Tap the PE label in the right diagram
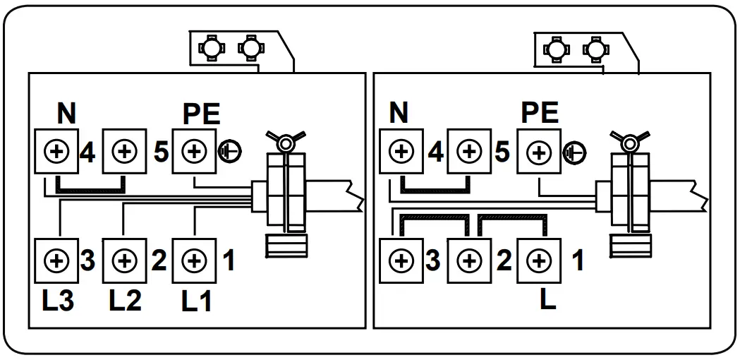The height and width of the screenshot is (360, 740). pyautogui.click(x=539, y=113)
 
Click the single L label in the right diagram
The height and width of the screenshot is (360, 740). pyautogui.click(x=547, y=299)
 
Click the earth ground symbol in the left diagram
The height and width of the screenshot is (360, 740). pyautogui.click(x=229, y=151)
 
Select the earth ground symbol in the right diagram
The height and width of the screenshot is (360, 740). pyautogui.click(x=576, y=152)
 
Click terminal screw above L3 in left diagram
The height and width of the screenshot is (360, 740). pyautogui.click(x=56, y=260)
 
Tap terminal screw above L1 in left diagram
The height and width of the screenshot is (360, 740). pyautogui.click(x=194, y=260)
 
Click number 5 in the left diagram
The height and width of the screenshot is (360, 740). pyautogui.click(x=161, y=151)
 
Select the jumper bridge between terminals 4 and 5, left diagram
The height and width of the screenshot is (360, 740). pyautogui.click(x=90, y=188)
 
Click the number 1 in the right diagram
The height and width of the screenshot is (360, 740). pyautogui.click(x=577, y=260)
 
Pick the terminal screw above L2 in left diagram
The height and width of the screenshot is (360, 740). pyautogui.click(x=125, y=260)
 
